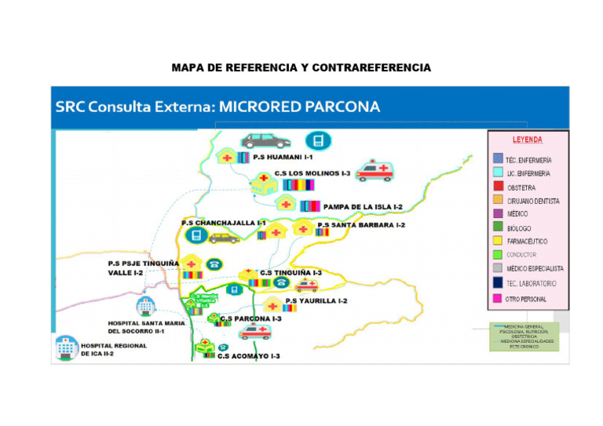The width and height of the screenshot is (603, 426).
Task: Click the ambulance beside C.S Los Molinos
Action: pos(375,173)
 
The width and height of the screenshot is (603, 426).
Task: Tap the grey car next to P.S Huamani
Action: pos(265,141)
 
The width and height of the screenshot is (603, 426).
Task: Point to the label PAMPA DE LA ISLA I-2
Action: pos(363,206)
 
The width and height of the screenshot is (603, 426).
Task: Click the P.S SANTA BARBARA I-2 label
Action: pos(361,225)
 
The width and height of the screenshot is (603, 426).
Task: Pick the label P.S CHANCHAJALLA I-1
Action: pos(224,223)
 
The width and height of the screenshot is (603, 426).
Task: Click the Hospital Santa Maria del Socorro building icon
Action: pos(145,307)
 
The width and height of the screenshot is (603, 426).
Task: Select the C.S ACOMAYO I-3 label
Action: pos(249,356)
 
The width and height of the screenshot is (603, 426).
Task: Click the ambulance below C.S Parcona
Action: pos(255,332)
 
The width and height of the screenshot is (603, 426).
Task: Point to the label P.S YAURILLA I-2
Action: pos(316,300)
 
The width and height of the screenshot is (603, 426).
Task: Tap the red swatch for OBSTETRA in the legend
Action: pos(498,187)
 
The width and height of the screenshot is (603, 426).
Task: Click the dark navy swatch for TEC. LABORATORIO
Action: pos(498,283)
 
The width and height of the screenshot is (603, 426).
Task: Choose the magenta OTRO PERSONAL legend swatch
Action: pos(498,298)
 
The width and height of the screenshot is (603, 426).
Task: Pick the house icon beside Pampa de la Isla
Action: pos(286,204)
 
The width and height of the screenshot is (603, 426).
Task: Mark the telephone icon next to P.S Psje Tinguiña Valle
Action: pos(214,264)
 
